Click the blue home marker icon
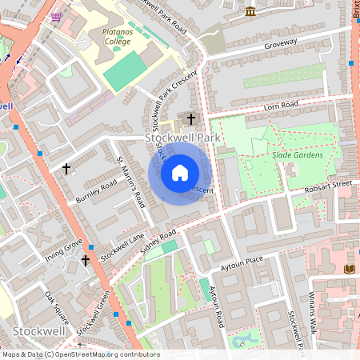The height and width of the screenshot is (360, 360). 179,173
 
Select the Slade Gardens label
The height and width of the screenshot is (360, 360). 297,154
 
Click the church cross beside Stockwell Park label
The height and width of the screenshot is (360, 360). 190,119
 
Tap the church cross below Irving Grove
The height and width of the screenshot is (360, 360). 86,260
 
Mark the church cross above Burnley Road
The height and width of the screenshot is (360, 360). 66,169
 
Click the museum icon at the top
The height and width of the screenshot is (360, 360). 250,11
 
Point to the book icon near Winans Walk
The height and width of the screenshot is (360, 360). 349,269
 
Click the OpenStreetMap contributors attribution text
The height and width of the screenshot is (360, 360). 80,354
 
